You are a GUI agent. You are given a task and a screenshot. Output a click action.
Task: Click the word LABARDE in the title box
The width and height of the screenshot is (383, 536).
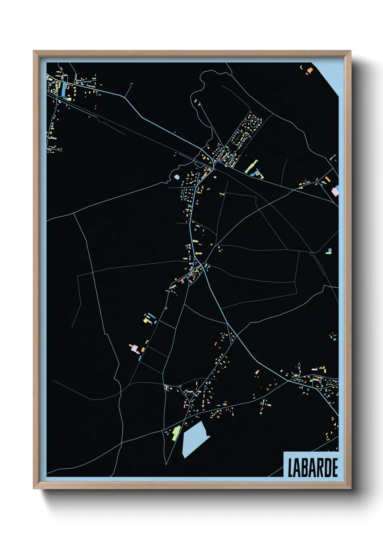click(x=312, y=468)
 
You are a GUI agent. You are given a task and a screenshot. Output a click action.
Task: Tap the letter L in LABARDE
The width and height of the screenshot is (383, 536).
click(x=290, y=468)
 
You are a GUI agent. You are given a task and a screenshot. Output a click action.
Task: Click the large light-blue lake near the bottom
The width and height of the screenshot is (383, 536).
click(x=194, y=439)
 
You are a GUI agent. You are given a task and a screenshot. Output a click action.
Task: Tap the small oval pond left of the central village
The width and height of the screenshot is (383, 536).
click(x=176, y=177)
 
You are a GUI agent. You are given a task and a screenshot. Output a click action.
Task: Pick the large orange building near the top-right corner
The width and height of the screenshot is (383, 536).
click(x=310, y=70)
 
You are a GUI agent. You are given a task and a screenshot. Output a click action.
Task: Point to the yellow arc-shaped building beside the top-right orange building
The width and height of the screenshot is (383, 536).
click(x=301, y=67)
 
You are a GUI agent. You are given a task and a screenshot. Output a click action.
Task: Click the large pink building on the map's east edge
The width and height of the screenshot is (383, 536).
click(x=336, y=191)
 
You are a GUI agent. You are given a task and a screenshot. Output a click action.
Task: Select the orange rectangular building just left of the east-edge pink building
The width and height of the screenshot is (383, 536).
click(x=327, y=179)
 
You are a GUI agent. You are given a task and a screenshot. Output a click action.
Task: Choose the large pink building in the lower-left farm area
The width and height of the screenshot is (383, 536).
click(x=134, y=348)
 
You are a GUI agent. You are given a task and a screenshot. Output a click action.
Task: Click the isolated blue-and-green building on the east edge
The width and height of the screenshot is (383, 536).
click(x=329, y=251)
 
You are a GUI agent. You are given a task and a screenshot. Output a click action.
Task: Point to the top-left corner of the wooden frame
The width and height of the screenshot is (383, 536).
click(x=34, y=51)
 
